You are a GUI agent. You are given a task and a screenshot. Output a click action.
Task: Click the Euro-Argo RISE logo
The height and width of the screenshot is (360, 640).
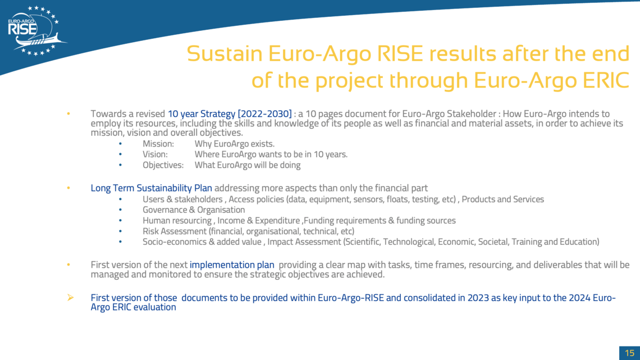36,31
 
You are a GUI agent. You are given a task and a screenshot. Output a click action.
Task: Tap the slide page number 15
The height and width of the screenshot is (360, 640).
629,353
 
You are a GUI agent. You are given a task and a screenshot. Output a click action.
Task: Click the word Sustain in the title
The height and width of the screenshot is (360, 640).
225,53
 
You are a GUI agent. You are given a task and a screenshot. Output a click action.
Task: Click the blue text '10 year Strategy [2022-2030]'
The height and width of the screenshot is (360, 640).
230,114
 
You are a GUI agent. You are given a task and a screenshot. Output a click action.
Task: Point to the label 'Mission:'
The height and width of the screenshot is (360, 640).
158,144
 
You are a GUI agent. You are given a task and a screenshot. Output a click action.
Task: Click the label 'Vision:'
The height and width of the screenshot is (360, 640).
155,154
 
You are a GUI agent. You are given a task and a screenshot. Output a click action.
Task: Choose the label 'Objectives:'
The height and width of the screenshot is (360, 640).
163,165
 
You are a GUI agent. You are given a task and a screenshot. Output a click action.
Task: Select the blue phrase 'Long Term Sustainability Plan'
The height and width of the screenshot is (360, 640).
152,188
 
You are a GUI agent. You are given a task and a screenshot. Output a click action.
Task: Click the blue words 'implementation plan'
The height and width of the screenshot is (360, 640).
232,265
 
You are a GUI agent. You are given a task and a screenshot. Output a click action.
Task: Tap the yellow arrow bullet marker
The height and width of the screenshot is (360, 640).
71,298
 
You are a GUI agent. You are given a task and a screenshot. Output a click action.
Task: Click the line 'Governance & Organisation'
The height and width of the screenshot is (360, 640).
194,210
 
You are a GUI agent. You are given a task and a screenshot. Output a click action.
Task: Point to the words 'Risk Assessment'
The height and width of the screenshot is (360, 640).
175,231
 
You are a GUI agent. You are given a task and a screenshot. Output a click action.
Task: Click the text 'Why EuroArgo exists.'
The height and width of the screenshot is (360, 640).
234,144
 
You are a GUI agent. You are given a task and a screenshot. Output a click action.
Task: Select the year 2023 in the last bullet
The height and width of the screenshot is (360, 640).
478,298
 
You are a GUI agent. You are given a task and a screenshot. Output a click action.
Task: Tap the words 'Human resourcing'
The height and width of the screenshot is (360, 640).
177,221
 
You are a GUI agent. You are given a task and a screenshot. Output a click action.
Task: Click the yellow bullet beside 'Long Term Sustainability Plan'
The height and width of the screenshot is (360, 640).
68,188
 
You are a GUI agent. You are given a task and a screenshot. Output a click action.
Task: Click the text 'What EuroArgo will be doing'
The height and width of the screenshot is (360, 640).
248,165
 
